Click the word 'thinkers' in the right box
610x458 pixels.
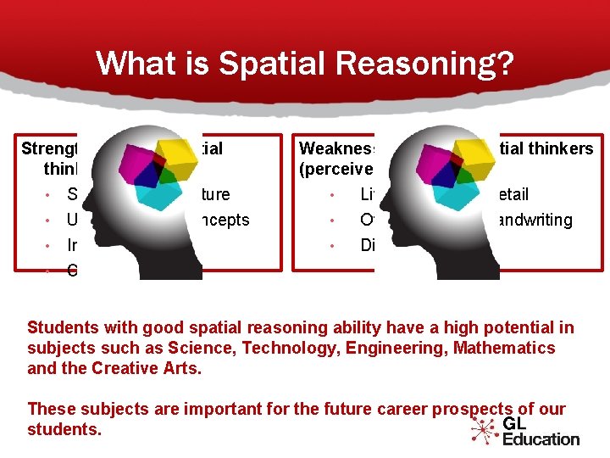point(564,148)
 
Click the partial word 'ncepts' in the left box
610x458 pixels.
point(225,220)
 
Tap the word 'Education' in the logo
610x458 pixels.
point(541,438)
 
